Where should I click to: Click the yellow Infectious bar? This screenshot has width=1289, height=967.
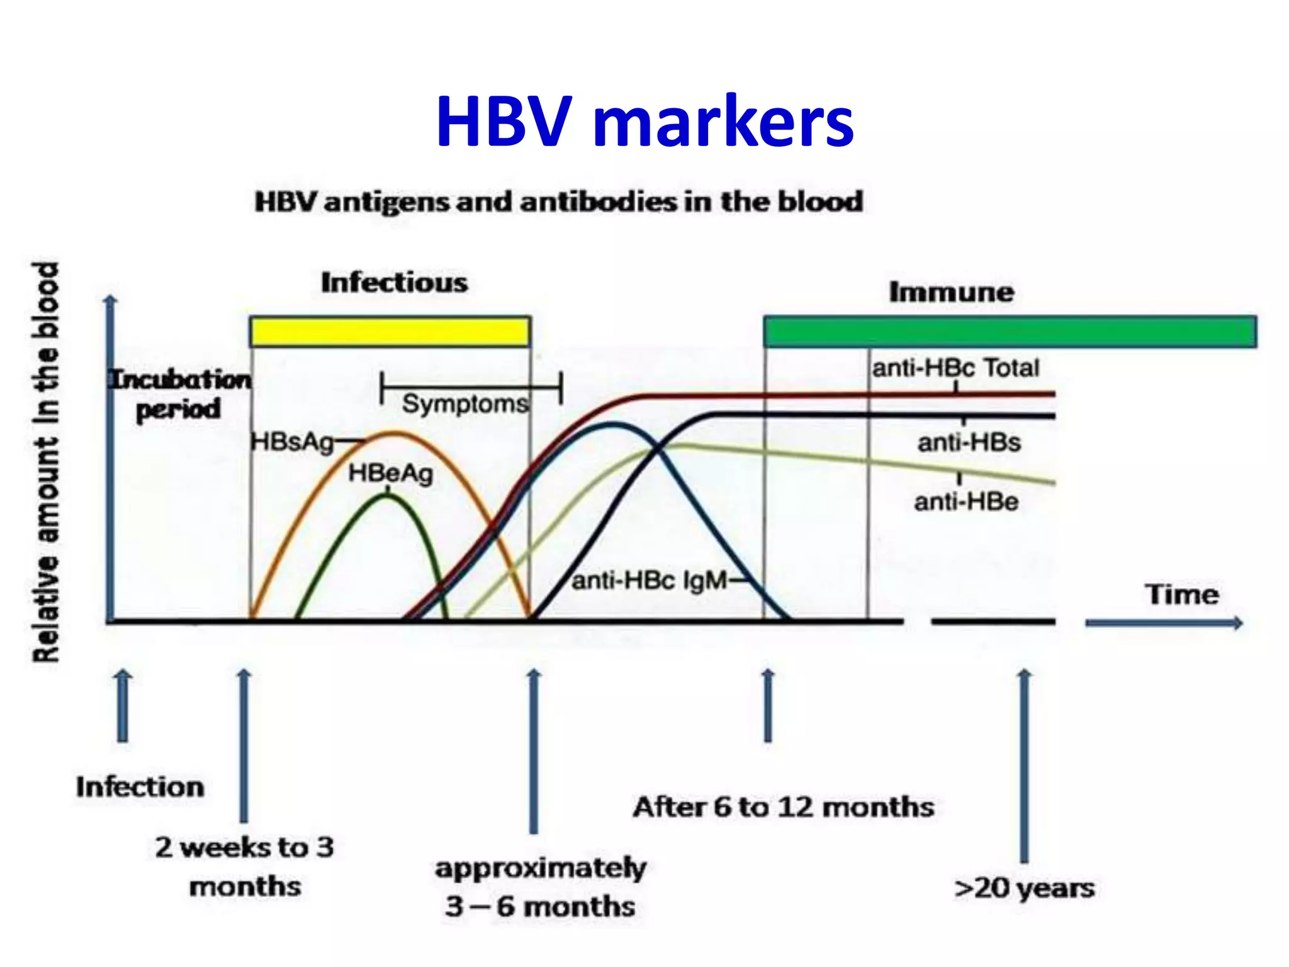point(390,332)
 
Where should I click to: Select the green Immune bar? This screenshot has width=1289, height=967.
point(1010,332)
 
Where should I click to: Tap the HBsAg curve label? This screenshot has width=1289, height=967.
point(292,442)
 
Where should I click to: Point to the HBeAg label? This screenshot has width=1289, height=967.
point(391,473)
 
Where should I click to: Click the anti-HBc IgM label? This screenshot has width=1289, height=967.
point(650,580)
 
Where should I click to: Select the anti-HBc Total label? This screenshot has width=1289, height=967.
point(955,368)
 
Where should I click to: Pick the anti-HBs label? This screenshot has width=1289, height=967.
point(969,443)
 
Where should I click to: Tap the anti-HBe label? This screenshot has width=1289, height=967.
point(966,502)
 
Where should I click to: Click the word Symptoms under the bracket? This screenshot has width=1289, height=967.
point(464,404)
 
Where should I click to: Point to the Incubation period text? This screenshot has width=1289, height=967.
point(180,394)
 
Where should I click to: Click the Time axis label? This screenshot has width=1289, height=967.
point(1181,594)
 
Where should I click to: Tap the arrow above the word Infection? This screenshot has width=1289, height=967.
point(123,705)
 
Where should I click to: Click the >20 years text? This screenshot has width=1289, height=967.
point(1024,888)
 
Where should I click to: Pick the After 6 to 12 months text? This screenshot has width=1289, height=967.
point(784,807)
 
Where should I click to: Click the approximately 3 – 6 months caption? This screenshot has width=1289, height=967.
point(540,888)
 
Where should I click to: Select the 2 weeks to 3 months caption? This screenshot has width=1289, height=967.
point(245,866)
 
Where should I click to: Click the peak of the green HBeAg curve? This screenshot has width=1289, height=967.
point(388,495)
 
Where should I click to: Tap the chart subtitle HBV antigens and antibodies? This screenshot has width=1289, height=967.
point(559,202)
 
